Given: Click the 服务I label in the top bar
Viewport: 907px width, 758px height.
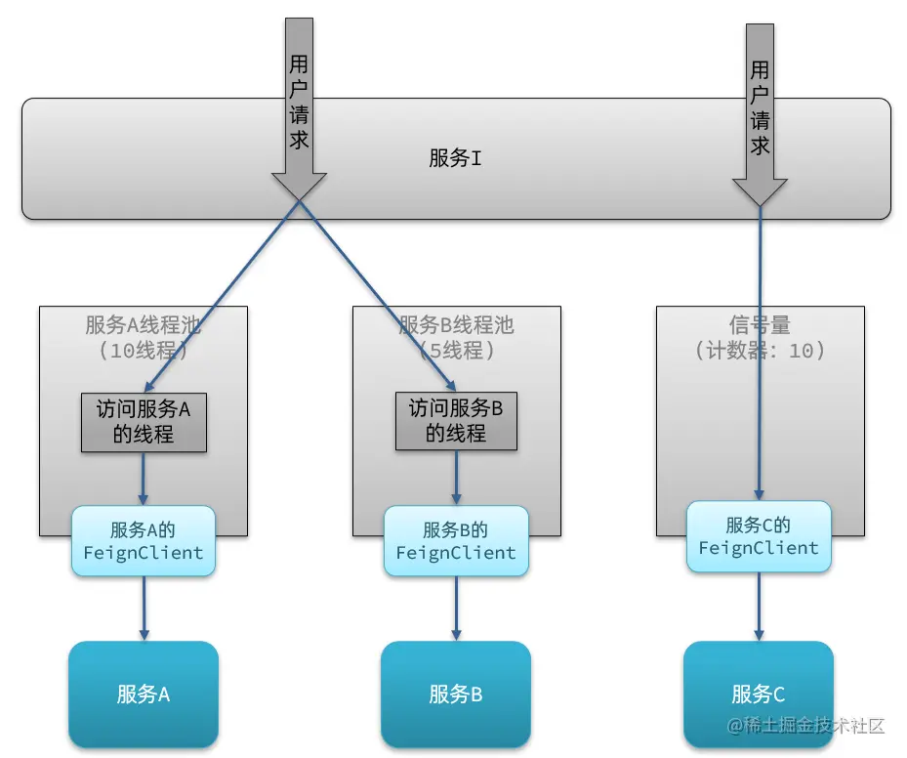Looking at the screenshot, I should (455, 158).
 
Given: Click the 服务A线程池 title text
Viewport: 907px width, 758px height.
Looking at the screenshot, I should (143, 325).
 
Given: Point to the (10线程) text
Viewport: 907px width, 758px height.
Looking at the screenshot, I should (143, 349).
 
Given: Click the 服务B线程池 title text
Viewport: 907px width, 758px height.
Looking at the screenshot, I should (456, 325).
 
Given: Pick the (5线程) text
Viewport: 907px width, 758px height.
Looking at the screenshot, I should (456, 349).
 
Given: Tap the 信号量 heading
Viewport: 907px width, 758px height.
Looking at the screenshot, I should (760, 325).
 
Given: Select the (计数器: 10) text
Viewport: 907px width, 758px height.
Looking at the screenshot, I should (760, 349).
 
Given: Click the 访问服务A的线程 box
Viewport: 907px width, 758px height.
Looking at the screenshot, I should (144, 422).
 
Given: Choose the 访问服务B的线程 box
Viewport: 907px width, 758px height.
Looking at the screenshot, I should (456, 422).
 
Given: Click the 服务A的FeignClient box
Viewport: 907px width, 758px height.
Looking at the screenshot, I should (144, 541).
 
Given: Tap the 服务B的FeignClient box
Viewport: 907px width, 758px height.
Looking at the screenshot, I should (456, 541).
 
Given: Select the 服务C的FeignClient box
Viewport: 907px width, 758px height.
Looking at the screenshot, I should (759, 536).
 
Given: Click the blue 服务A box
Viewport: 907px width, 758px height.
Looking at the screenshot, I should (144, 695).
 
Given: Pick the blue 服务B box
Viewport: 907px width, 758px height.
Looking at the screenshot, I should (456, 695).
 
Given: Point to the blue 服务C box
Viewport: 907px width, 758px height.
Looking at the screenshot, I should (759, 695).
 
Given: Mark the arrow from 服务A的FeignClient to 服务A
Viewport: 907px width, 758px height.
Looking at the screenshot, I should (144, 609).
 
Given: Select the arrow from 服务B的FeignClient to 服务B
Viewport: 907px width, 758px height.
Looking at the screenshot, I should (456, 609).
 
